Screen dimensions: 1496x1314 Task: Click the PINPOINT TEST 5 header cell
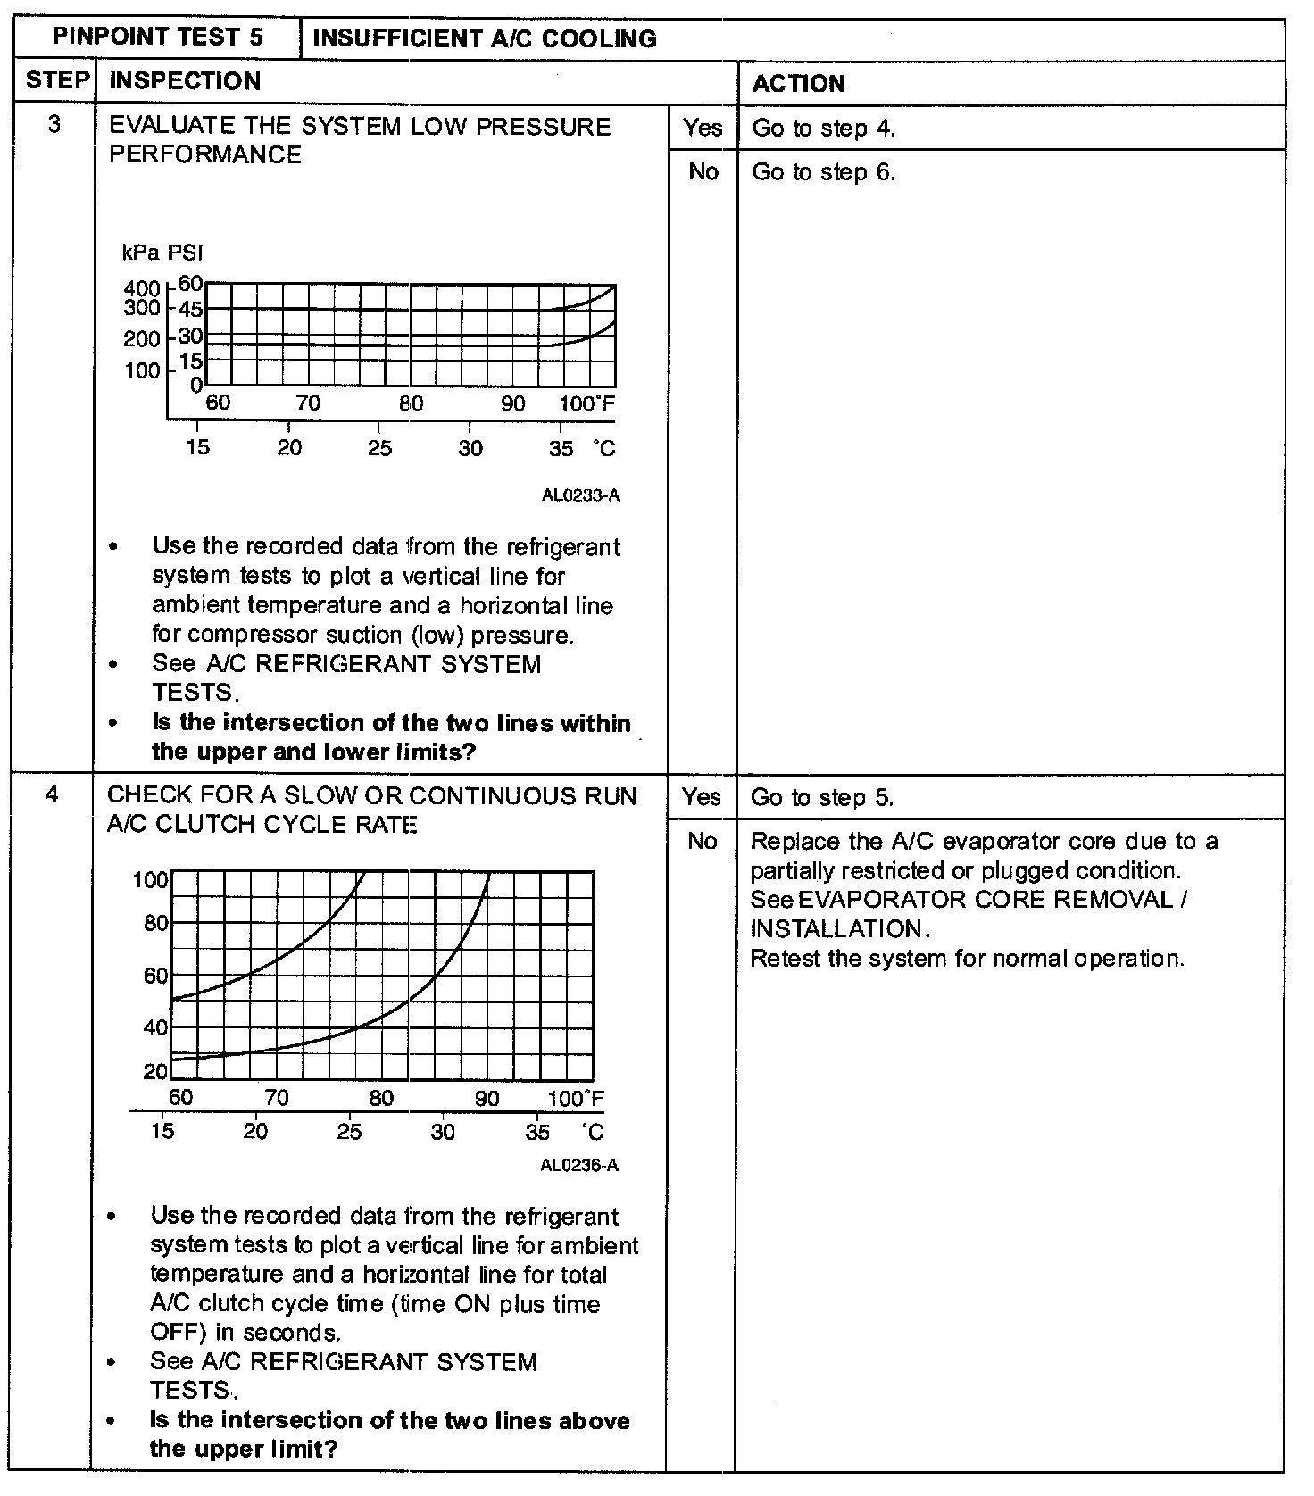157,37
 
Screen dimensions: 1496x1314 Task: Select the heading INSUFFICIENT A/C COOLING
485,38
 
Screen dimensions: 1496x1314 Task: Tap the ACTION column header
798,84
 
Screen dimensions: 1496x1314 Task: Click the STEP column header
57,80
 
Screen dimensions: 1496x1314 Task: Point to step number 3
54,124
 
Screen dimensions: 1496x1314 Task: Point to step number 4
52,794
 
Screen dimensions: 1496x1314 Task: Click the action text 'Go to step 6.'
823,172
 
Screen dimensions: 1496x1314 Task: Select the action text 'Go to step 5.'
821,798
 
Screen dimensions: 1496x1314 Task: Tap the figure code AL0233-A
580,495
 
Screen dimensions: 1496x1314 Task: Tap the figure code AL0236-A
578,1165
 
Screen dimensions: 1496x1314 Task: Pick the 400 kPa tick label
142,289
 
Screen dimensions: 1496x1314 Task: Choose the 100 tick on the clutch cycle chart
150,880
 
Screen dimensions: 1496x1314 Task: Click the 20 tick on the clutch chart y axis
155,1071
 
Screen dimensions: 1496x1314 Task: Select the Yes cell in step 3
703,128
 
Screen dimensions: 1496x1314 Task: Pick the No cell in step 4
702,842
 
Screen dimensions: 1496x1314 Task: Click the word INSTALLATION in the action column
836,929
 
